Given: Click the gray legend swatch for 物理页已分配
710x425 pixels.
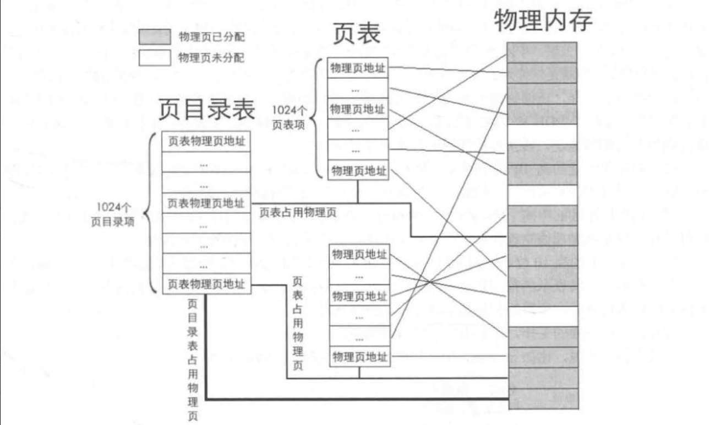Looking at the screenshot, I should pyautogui.click(x=154, y=37).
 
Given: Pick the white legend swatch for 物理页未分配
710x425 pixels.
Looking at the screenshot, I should pyautogui.click(x=154, y=57).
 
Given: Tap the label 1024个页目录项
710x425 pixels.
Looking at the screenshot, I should pyautogui.click(x=112, y=215).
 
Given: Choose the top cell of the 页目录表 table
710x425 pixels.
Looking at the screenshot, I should pyautogui.click(x=206, y=142).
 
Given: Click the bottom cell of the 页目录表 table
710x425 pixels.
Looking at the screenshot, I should pyautogui.click(x=206, y=284).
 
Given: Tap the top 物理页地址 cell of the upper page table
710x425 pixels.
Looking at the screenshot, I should pyautogui.click(x=358, y=68).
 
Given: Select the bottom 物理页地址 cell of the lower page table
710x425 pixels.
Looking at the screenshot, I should pyautogui.click(x=359, y=357).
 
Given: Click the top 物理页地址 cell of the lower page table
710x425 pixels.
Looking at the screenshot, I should pyautogui.click(x=359, y=255).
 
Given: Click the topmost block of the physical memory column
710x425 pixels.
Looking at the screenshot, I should pyautogui.click(x=542, y=52).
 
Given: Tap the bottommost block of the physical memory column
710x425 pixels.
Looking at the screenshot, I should pyautogui.click(x=542, y=399).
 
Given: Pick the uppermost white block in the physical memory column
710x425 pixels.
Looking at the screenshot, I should pyautogui.click(x=542, y=134).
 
